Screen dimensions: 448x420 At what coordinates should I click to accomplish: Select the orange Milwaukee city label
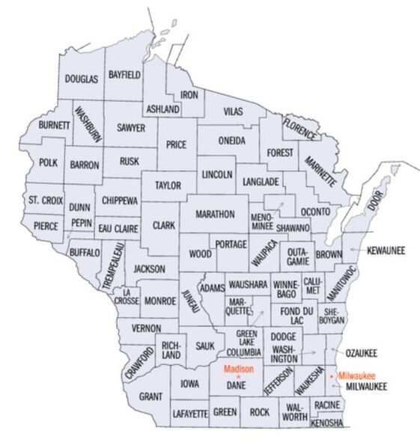(x=356, y=375)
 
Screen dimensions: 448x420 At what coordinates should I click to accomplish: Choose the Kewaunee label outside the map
(x=386, y=251)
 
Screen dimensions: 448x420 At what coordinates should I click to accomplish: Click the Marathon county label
(x=216, y=214)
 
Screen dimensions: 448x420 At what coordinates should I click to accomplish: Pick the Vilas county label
(x=234, y=111)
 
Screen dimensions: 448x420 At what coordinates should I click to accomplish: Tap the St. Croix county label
(x=44, y=200)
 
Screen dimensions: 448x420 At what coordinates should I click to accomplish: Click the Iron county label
(x=190, y=95)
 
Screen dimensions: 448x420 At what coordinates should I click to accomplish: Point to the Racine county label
(x=327, y=405)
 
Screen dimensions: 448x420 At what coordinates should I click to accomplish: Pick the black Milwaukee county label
(x=360, y=387)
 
